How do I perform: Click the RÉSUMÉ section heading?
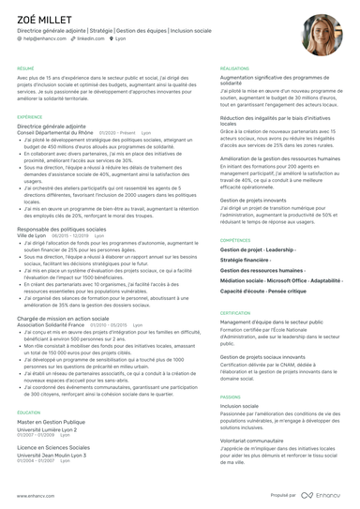pos(25,68)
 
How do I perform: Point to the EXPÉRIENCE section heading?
pos(30,117)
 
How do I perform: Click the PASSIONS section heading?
pos(231,397)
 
